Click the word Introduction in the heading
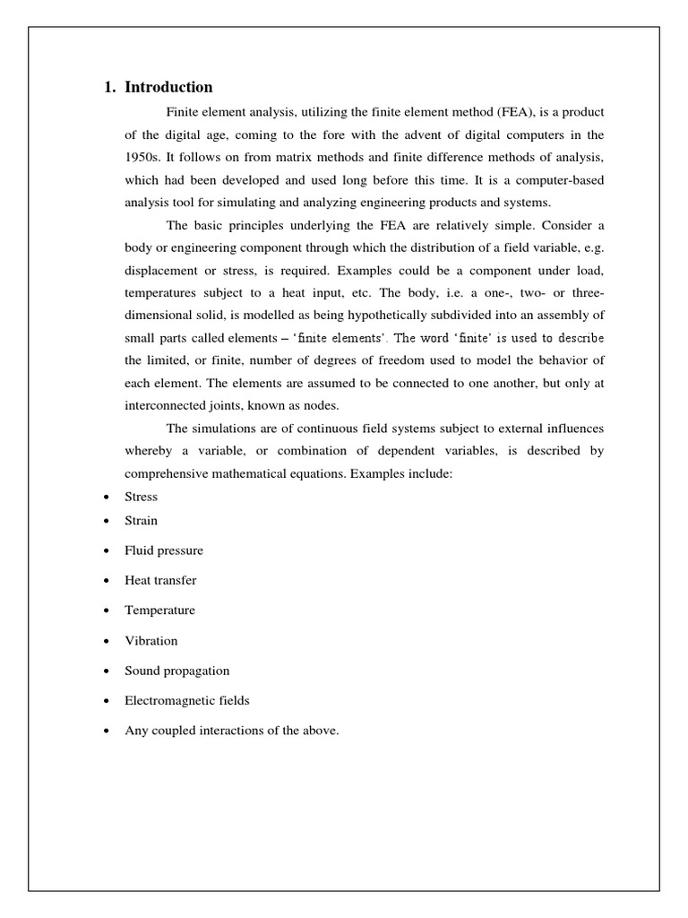tap(168, 88)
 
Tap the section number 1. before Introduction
tap(110, 88)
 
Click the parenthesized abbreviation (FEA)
tap(513, 111)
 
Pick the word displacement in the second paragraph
tap(159, 269)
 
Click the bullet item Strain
tap(141, 520)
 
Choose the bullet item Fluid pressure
tap(164, 550)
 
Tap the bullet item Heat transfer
tap(160, 580)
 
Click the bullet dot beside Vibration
tap(107, 641)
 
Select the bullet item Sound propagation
tap(177, 671)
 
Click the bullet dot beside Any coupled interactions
tap(107, 732)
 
